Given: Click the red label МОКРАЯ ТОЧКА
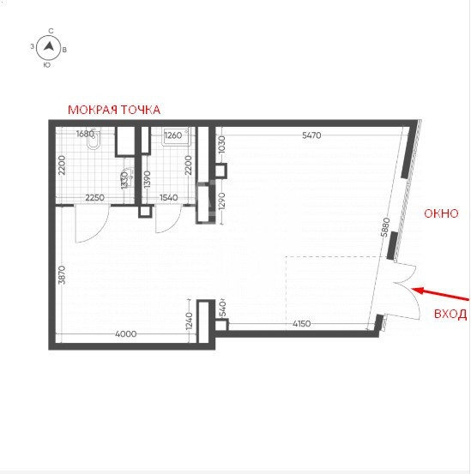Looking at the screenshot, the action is (x=114, y=110).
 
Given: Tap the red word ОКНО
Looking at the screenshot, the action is (x=441, y=213).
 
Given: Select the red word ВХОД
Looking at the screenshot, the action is (x=450, y=314).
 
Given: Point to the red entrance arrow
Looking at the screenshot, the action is (x=440, y=295).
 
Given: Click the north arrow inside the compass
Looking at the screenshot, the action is (x=49, y=46).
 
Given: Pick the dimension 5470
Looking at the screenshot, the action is (x=311, y=135).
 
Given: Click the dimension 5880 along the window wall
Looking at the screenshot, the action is (x=385, y=227).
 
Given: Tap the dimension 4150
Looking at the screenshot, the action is (x=302, y=324).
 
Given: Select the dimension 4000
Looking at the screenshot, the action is (x=126, y=334).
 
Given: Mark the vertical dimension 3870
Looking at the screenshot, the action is (x=62, y=275).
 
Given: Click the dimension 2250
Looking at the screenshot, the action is (x=94, y=198).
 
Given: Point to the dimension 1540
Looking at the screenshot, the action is (x=168, y=198).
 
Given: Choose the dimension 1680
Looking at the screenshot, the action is (x=85, y=134).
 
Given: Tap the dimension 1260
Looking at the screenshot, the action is (x=173, y=135).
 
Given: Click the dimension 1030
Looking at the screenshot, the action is (x=221, y=145).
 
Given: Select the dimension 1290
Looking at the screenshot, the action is (x=221, y=201).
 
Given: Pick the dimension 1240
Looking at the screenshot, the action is (x=189, y=321).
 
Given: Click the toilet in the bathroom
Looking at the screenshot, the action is (x=93, y=140).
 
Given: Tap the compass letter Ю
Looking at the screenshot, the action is (x=46, y=65).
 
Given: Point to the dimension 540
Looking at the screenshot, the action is (x=222, y=309).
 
